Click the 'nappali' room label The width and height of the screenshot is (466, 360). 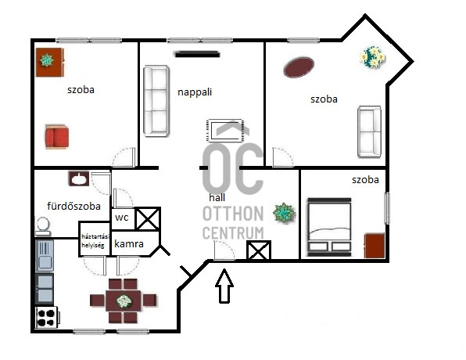point(195,92)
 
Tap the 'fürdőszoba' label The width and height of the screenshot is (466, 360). point(74,206)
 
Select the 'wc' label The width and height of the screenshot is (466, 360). point(121,218)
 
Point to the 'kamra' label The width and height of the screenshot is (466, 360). point(129,243)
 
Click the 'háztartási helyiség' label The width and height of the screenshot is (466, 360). point(95,241)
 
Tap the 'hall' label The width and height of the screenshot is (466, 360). point(217,197)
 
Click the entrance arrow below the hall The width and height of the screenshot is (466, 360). point(224,286)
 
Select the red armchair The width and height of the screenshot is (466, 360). point(57,137)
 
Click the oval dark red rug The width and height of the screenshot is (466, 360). point(299,67)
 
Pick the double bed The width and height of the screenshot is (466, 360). point(329,227)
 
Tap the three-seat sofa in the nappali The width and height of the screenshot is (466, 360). point(156,101)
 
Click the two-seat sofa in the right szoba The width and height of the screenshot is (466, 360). point(369,131)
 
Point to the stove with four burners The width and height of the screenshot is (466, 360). point(46,318)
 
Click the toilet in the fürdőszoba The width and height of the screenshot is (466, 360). point(43,227)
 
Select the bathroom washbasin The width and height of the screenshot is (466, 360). point(79,178)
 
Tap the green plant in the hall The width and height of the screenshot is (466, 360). point(284,213)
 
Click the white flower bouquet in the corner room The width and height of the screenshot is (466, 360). point(373,56)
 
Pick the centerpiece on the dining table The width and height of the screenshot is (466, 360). point(124,301)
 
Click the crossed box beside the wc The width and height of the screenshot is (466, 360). point(148,218)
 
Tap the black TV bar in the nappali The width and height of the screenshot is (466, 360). point(197,55)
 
